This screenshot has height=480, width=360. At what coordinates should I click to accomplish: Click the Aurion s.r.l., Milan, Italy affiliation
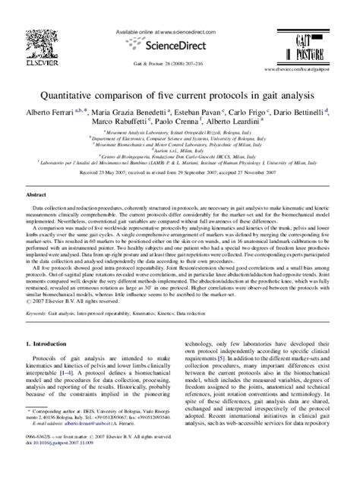point(180,152)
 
